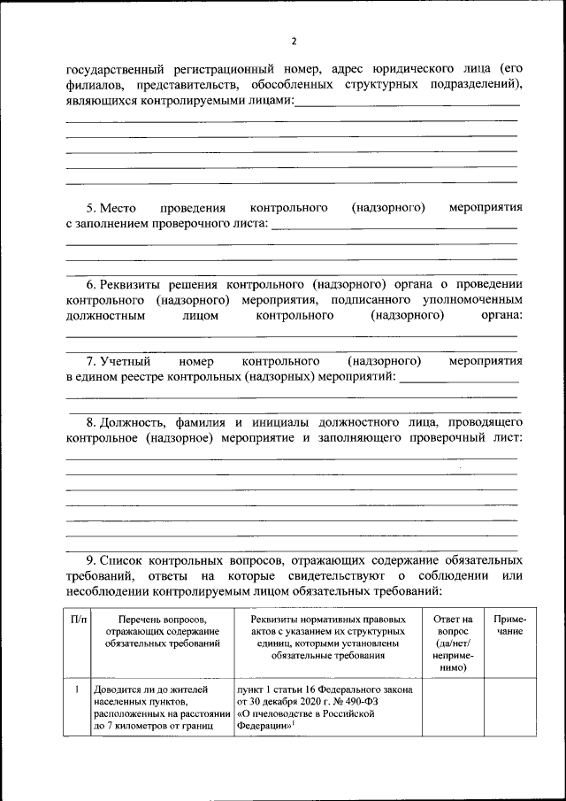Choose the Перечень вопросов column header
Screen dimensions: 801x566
click(161, 631)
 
